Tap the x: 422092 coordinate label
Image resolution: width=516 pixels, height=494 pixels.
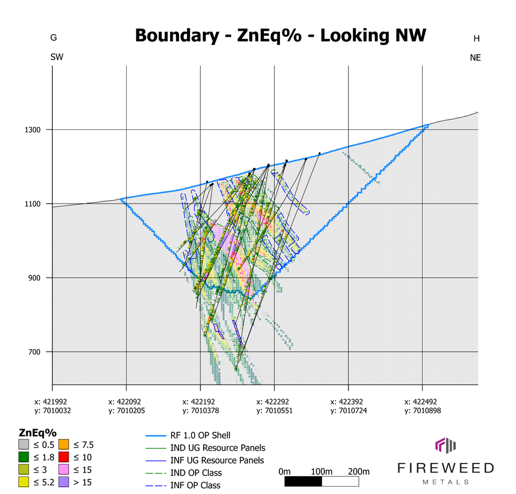(126, 402)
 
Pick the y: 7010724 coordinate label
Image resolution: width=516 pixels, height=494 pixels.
(349, 411)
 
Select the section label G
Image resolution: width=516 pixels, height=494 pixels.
(53, 38)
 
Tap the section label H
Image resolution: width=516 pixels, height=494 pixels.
(476, 38)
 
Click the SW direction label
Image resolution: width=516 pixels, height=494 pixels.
(57, 57)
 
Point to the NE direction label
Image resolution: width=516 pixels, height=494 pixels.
(475, 58)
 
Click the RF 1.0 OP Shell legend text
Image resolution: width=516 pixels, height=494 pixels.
(200, 435)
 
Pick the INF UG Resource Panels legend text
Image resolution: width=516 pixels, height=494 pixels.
(217, 460)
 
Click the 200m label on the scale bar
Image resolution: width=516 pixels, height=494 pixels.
(358, 471)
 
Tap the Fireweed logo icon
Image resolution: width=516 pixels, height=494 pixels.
(446, 445)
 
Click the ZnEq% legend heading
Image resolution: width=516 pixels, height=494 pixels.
(37, 433)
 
